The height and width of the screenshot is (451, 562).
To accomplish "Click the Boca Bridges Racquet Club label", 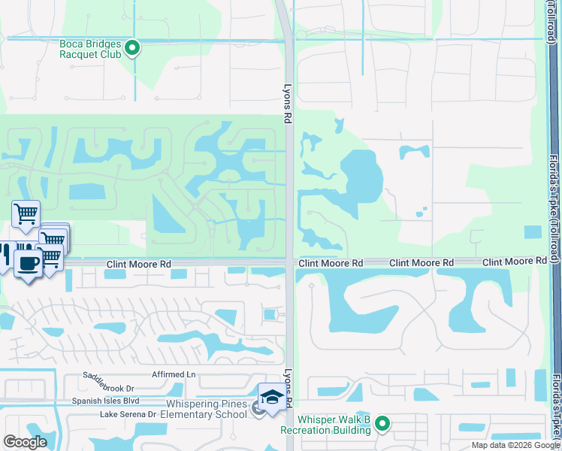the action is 90,50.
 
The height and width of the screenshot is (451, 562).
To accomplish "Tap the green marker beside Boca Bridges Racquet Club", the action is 132,50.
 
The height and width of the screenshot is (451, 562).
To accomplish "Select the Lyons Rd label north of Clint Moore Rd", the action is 286,102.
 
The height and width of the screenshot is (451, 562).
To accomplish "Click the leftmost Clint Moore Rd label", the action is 138,265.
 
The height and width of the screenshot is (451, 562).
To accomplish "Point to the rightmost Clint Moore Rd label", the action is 515,261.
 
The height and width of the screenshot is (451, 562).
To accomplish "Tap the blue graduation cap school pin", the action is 270,396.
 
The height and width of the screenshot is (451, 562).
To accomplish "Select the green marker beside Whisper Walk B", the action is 382,425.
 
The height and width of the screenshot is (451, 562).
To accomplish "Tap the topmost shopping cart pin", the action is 26,213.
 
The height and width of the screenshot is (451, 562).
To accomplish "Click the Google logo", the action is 25,442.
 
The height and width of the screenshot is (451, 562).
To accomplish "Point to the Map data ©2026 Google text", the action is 515,445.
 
